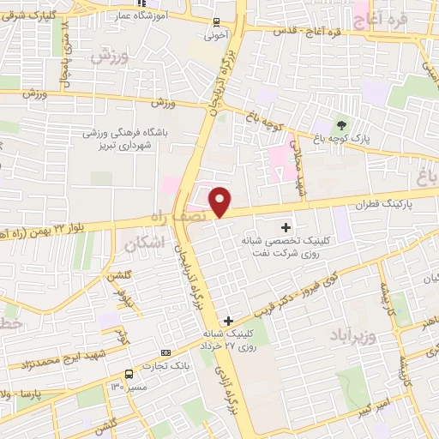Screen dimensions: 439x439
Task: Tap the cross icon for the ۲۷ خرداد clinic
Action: tap(227, 321)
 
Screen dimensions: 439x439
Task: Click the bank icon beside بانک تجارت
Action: tap(165, 352)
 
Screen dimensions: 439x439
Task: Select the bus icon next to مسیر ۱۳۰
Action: tap(129, 374)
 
